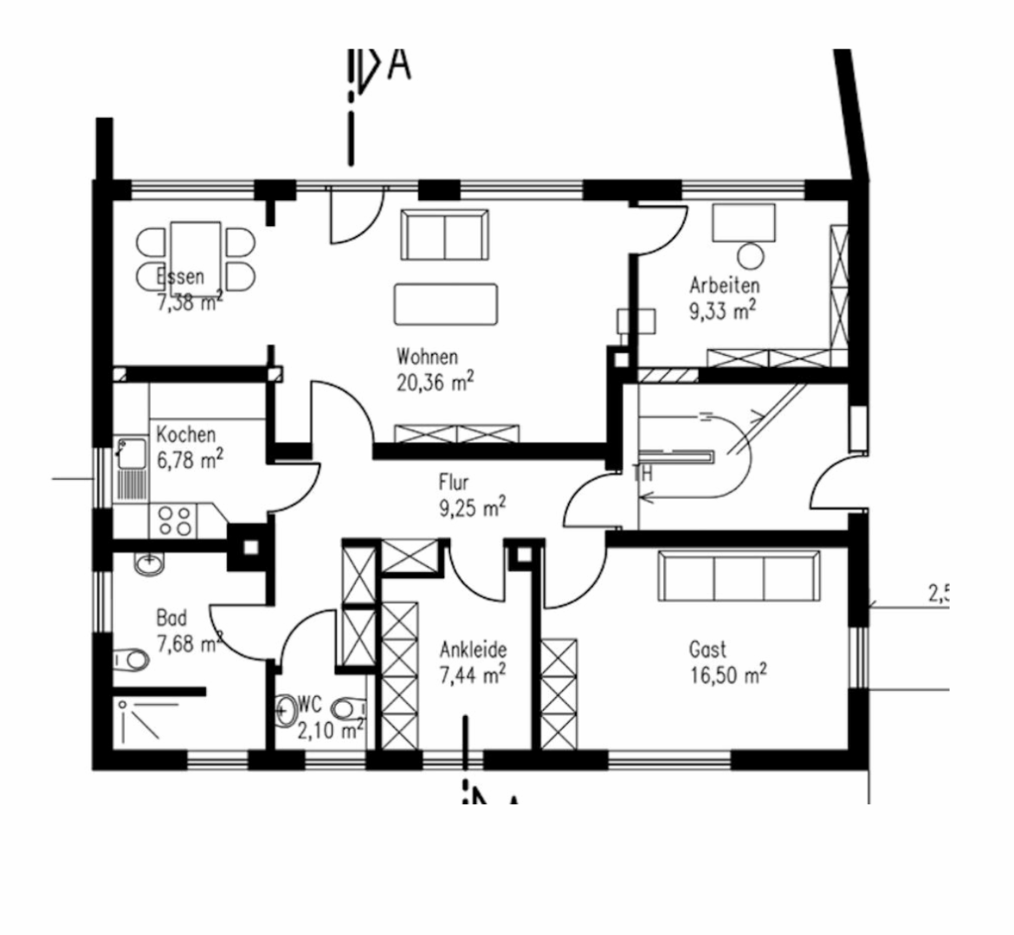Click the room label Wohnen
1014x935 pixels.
click(x=427, y=356)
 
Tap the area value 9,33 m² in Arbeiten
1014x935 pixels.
click(x=723, y=311)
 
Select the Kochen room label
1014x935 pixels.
click(x=185, y=435)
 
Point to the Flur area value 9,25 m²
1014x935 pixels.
click(x=472, y=507)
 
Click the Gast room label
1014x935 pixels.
click(x=707, y=649)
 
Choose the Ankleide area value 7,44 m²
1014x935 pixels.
click(x=472, y=674)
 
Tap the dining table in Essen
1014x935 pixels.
click(x=196, y=250)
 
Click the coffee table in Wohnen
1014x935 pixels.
click(x=445, y=304)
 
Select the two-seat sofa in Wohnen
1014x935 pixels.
click(x=443, y=234)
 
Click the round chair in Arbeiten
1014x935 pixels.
click(x=750, y=256)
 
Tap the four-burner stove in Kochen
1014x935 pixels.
click(x=175, y=521)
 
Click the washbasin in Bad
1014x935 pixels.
click(x=149, y=564)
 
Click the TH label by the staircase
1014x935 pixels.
click(x=643, y=474)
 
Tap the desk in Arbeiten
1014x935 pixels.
click(x=743, y=222)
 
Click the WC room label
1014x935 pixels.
click(x=310, y=702)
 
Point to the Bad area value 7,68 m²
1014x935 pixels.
click(x=189, y=644)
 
